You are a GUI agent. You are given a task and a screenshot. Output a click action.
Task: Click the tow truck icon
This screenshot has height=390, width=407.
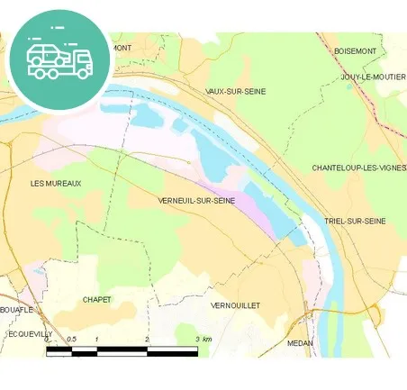coord(59,60)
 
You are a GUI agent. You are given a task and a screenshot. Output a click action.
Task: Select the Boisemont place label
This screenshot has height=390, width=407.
coord(354,51)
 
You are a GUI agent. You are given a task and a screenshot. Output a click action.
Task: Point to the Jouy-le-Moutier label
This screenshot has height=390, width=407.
coord(374,77)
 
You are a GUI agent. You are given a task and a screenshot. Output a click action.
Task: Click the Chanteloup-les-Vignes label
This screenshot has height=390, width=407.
coord(358,168)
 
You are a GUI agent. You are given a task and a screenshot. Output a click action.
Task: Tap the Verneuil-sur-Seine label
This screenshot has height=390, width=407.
coord(195,201)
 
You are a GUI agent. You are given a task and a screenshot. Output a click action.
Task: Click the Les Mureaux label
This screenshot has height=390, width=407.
coord(56,184)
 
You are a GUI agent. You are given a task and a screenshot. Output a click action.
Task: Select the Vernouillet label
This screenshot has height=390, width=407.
coord(235,306)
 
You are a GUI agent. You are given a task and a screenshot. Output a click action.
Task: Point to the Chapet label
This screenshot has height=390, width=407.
coord(96,299)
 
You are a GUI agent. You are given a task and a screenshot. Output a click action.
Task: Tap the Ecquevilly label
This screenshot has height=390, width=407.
coord(27,333)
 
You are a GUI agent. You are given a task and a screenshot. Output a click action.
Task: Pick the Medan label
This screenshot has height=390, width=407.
coord(299,343)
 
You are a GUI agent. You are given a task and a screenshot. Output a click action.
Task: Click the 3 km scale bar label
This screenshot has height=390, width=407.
coord(203,340)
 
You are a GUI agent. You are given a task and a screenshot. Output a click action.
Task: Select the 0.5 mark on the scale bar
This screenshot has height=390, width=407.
coord(71,340)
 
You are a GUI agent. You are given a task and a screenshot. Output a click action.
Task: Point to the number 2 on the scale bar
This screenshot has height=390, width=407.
coord(147,340)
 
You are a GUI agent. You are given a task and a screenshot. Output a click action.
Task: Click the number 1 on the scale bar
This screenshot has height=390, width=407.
coord(96,340)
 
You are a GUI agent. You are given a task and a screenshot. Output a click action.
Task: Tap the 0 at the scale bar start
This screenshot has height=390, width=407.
coord(47,340)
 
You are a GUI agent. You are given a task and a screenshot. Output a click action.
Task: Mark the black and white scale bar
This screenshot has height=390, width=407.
coord(122,350)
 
